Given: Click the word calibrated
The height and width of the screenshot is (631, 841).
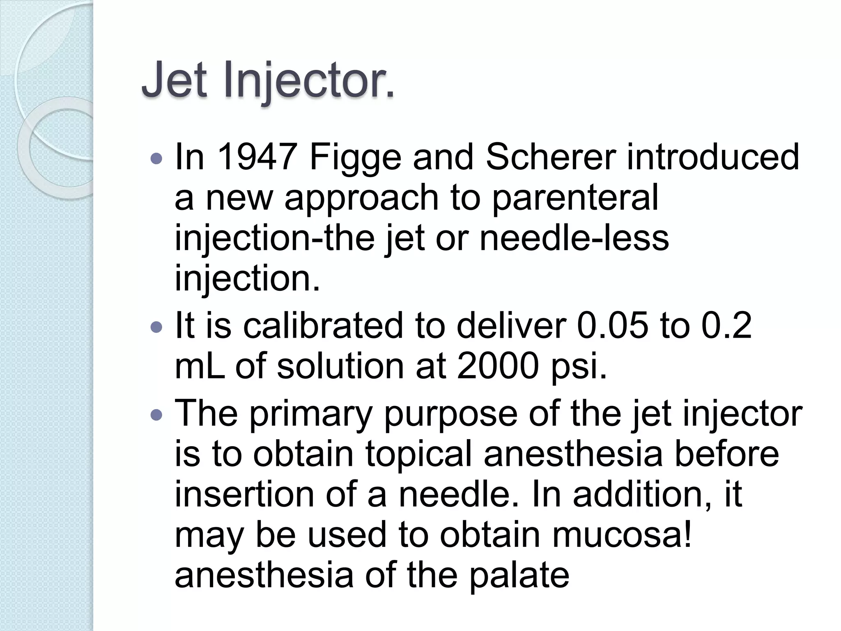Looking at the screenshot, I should pos(323,325).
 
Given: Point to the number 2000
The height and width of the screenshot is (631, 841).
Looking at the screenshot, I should pos(497,366).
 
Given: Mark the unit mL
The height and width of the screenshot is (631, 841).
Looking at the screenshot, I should pos(199,366).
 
